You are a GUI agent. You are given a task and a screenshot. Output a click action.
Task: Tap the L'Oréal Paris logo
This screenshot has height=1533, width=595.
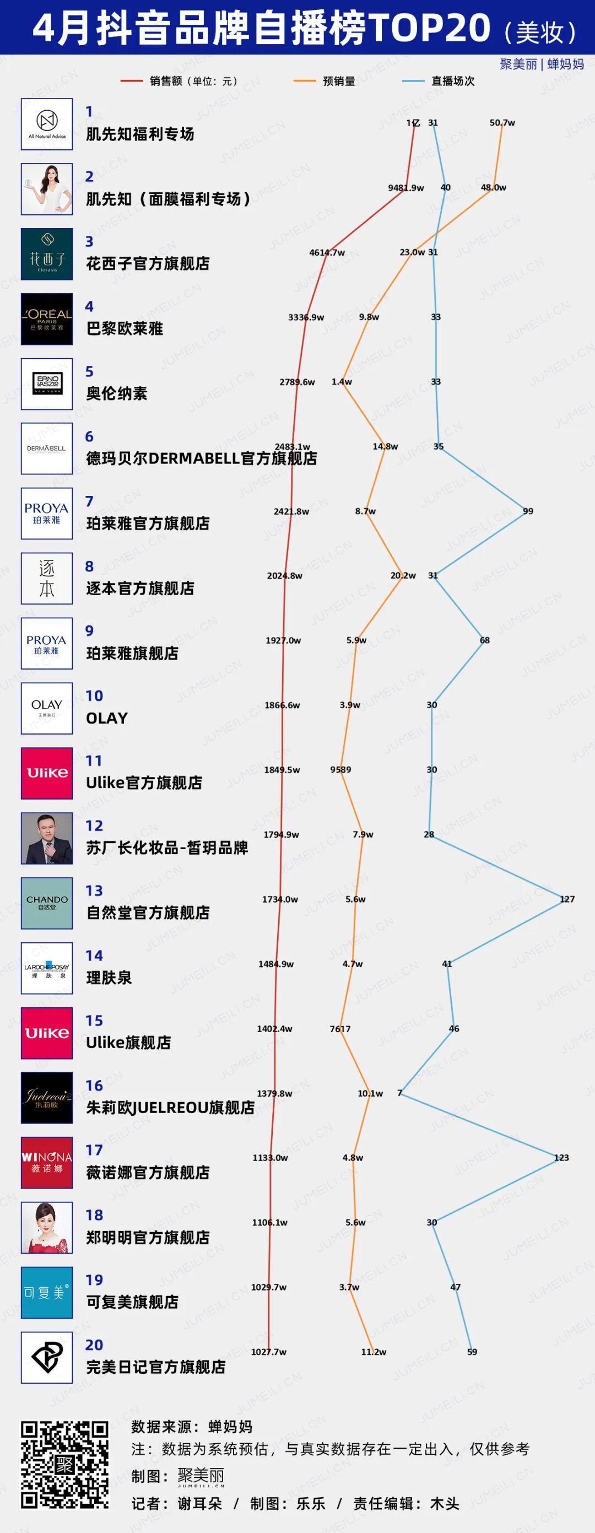(47, 319)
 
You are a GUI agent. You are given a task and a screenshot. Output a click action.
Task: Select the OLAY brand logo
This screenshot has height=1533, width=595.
(47, 708)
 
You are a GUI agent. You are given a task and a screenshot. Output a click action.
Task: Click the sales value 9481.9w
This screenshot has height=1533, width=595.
(406, 187)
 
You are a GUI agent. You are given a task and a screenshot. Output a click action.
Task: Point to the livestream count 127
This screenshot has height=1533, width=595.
(567, 899)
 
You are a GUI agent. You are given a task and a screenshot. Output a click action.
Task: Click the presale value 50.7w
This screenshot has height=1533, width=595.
(502, 122)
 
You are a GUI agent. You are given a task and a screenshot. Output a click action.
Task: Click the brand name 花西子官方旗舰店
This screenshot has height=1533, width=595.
(148, 263)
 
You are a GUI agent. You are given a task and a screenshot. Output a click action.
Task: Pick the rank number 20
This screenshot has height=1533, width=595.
(94, 1345)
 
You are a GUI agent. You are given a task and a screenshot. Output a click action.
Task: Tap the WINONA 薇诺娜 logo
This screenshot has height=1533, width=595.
(47, 1162)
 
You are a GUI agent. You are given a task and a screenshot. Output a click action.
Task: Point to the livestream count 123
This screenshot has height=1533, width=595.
(561, 1158)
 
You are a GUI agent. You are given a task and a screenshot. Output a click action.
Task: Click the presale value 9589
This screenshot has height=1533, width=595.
(340, 769)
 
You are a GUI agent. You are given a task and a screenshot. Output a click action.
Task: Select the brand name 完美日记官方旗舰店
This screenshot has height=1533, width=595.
(155, 1367)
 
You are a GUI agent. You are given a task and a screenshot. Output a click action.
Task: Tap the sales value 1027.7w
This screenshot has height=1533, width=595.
(268, 1352)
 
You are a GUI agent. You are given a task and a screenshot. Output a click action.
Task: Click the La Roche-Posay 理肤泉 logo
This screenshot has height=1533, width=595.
(47, 968)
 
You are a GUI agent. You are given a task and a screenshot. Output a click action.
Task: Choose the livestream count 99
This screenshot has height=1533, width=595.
(528, 511)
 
